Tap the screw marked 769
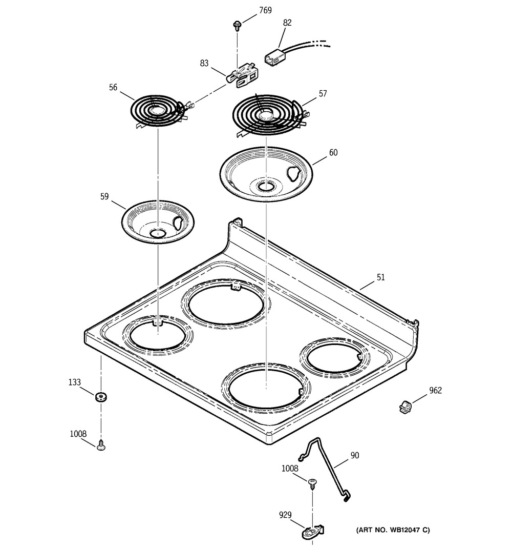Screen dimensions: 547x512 [x=238, y=24]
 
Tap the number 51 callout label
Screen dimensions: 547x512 [x=380, y=277]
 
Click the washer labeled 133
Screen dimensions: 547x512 [x=100, y=396]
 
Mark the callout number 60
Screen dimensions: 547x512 [x=333, y=152]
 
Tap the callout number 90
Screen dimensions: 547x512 [x=355, y=455]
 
